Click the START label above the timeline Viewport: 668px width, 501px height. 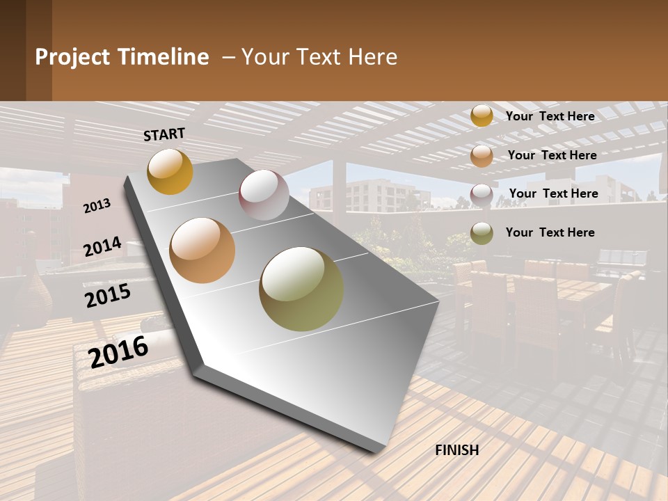164,134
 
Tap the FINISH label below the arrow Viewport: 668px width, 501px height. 457,450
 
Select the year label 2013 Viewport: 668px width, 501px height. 97,206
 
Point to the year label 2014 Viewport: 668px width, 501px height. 103,246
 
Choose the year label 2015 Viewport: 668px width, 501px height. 108,295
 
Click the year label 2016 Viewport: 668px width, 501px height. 119,352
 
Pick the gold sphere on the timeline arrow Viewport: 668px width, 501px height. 170,171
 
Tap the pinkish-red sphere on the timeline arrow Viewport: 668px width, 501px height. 264,195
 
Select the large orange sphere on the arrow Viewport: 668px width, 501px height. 202,250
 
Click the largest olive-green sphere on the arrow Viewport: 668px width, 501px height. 301,289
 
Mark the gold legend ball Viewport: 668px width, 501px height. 482,116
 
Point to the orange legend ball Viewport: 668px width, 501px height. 482,156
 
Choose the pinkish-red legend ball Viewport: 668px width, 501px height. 482,195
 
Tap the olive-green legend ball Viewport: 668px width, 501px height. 482,233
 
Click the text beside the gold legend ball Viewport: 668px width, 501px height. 550,116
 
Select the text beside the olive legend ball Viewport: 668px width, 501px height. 550,232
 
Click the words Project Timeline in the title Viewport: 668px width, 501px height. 122,57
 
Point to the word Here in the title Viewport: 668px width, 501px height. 373,57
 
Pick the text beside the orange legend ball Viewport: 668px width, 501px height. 552,155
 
